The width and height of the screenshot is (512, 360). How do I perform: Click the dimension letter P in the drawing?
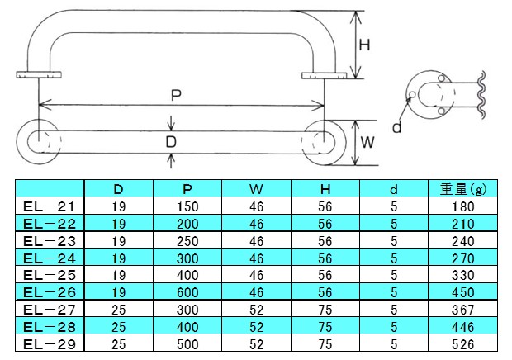[x=176, y=95]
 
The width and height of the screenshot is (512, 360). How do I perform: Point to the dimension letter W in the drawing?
[x=368, y=141]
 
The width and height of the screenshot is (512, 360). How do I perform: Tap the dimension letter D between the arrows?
[x=171, y=141]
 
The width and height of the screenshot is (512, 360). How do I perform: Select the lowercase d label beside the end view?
[x=396, y=127]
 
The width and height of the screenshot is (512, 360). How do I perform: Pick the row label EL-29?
[x=49, y=343]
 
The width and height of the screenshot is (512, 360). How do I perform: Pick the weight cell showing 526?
[x=463, y=343]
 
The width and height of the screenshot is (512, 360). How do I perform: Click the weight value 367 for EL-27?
[x=463, y=308]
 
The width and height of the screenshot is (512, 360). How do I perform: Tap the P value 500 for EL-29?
[x=188, y=343]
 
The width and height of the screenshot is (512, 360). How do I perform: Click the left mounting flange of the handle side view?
[x=40, y=77]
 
